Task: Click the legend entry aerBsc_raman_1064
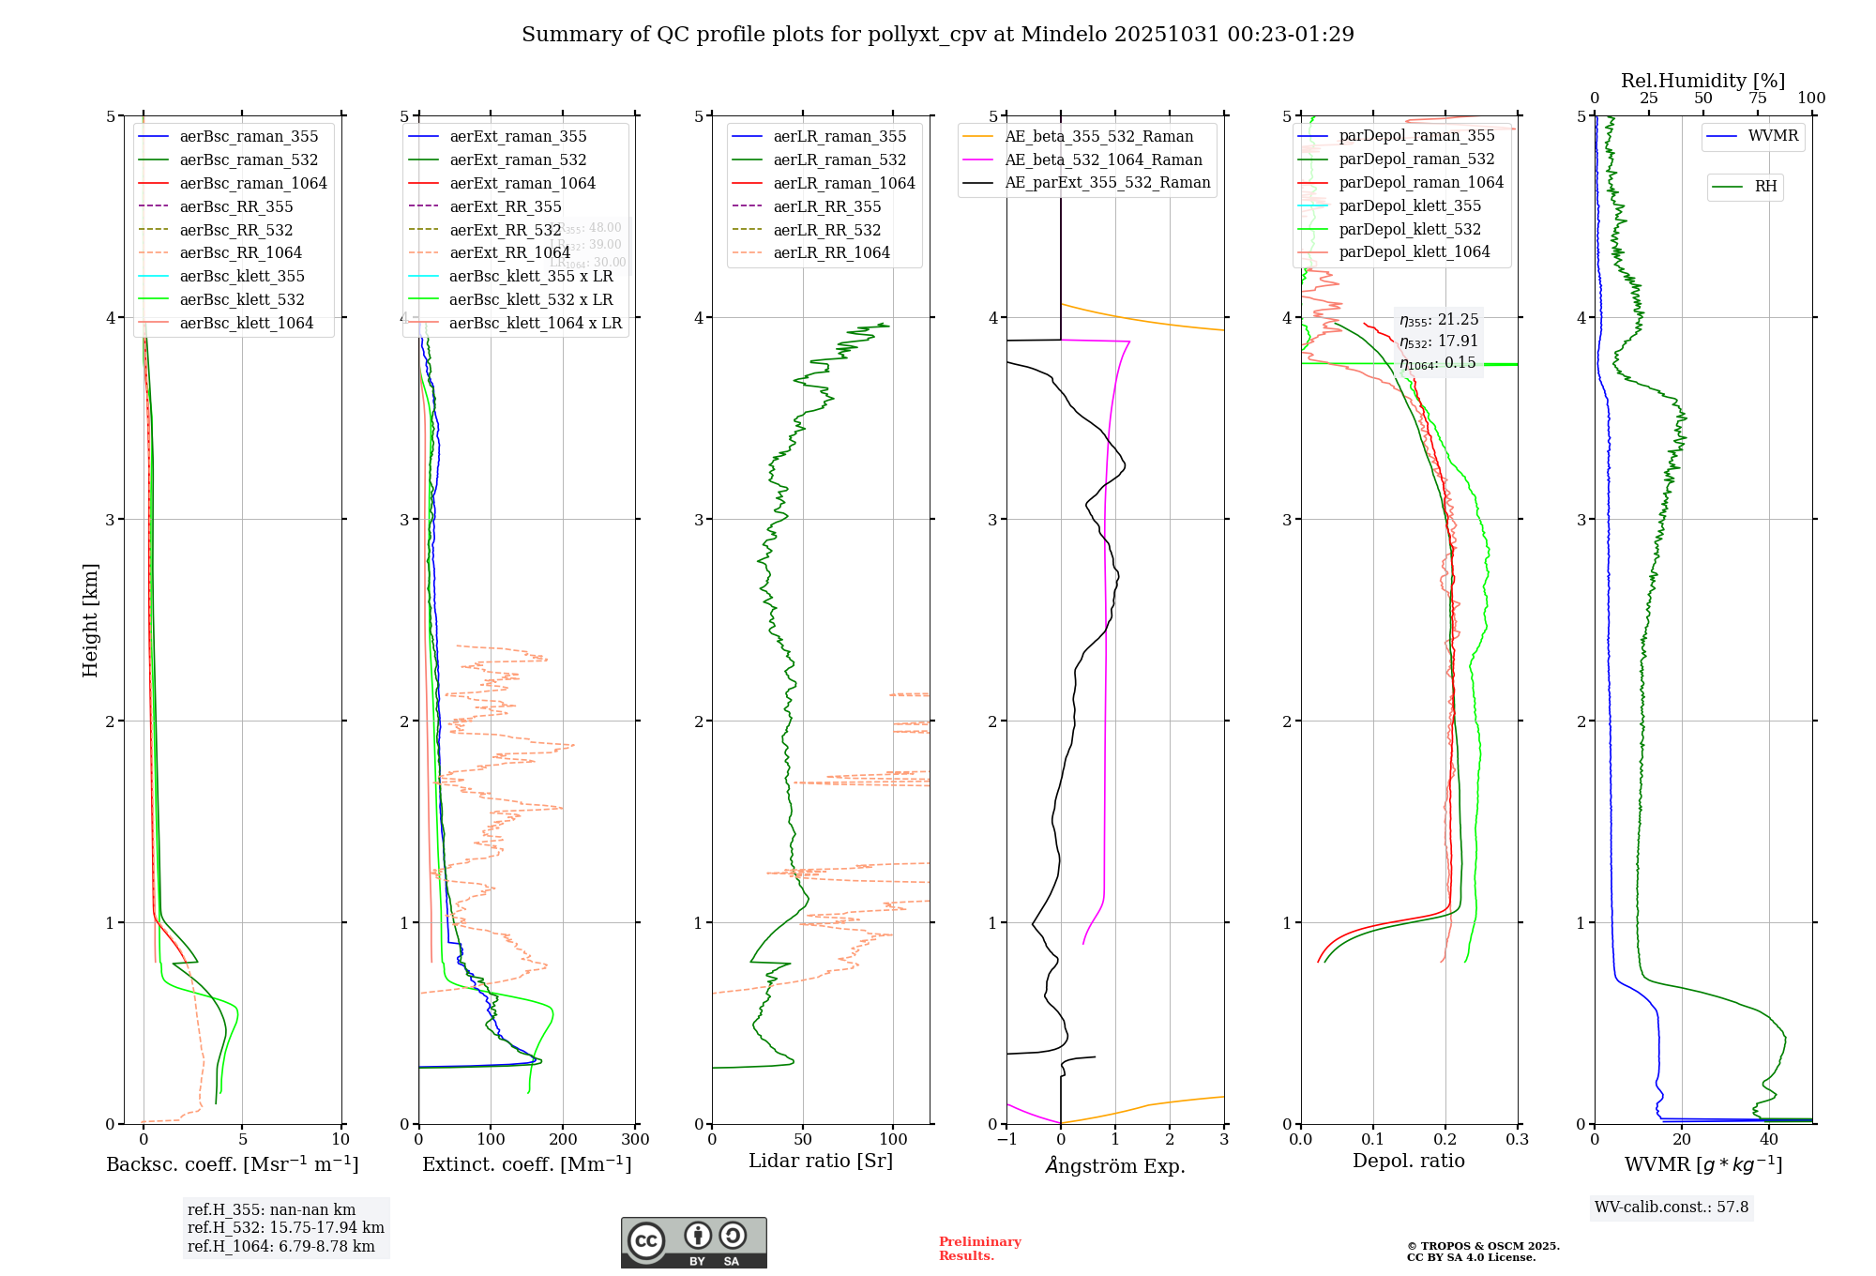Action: [253, 183]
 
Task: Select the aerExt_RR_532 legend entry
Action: [505, 230]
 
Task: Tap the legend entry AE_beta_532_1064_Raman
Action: [1103, 159]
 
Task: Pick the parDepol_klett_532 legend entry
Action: [1410, 229]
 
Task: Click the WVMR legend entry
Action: [1773, 136]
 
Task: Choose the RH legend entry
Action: [1765, 187]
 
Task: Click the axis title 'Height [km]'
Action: [90, 620]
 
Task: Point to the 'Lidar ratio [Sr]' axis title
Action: [821, 1161]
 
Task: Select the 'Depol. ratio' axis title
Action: [1408, 1161]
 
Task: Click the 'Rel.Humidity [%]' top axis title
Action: [1702, 81]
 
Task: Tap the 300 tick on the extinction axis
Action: [635, 1140]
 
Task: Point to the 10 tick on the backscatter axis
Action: [340, 1140]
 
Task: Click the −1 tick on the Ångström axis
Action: [1006, 1140]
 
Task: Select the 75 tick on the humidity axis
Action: [1758, 99]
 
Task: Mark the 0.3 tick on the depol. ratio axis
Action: [1517, 1140]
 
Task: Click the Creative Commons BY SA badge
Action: [693, 1242]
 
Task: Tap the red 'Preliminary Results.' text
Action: [979, 1249]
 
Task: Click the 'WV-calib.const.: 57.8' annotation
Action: [1672, 1207]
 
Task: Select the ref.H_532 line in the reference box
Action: [285, 1228]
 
